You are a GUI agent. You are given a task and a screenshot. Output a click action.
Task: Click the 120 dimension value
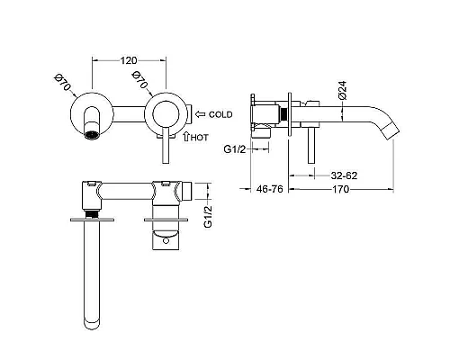(x=129, y=60)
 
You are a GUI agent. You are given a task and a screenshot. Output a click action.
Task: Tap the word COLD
(x=220, y=114)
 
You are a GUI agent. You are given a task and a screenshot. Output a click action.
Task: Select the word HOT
(x=199, y=138)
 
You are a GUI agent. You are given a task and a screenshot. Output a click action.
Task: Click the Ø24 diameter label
(x=342, y=90)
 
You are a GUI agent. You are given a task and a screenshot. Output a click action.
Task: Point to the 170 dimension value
(x=340, y=189)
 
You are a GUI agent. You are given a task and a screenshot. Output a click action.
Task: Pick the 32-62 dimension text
(x=344, y=175)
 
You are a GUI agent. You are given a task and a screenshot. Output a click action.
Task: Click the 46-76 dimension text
(x=270, y=189)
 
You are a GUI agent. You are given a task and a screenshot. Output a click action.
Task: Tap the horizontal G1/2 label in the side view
(x=235, y=149)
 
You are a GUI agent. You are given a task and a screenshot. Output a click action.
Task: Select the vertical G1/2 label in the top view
(x=208, y=217)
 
